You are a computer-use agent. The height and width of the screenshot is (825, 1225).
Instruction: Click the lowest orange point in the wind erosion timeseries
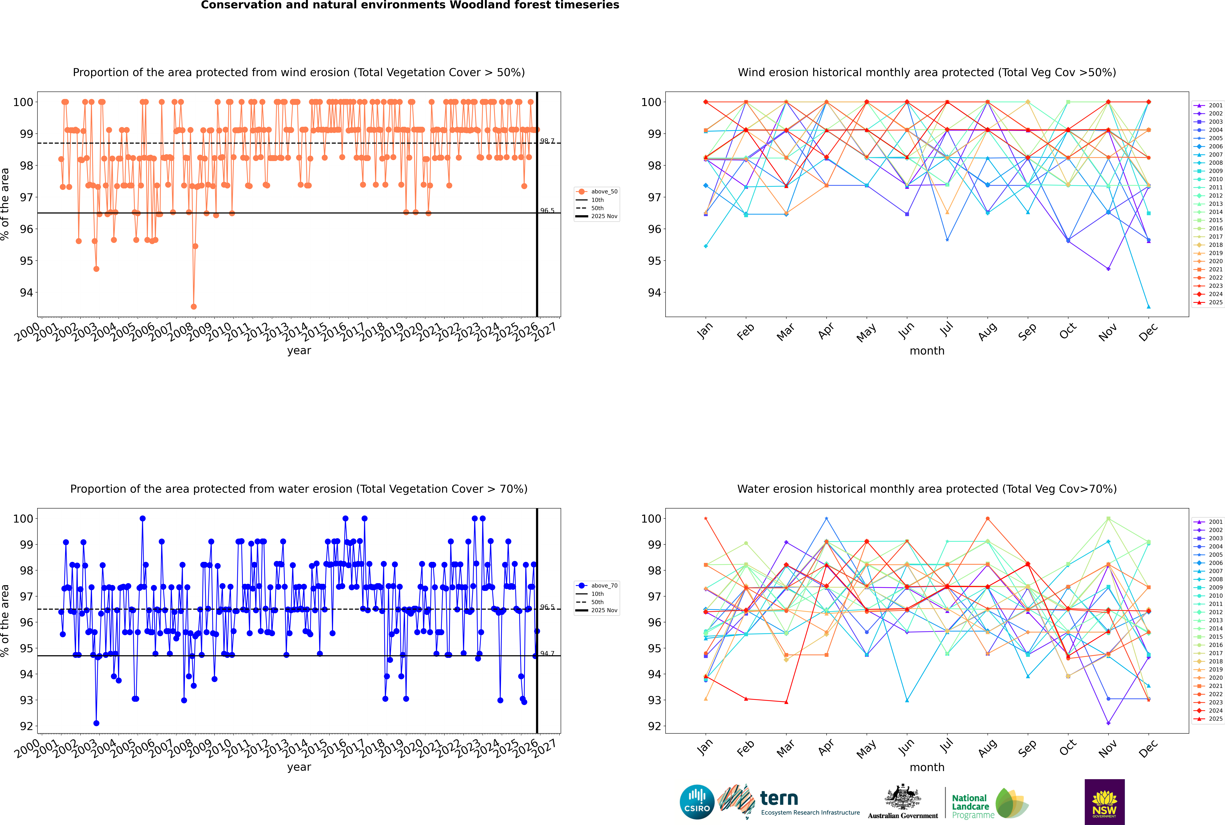tap(194, 306)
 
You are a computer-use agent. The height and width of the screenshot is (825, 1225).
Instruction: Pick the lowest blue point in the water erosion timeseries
tap(96, 723)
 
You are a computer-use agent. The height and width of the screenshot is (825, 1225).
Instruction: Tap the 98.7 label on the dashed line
tap(547, 141)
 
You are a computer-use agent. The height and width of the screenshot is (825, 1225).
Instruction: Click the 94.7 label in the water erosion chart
tap(547, 653)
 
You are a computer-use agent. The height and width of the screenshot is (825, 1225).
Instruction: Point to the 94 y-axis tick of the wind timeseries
tap(26, 292)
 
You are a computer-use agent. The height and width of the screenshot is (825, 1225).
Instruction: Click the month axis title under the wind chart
tap(927, 351)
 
